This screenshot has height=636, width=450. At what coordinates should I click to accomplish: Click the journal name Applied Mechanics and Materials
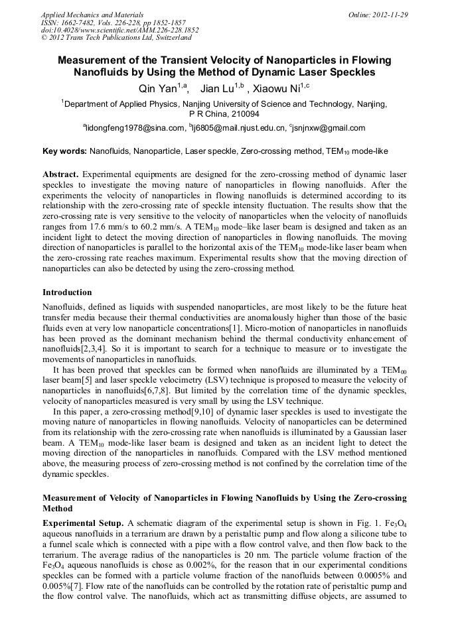click(x=92, y=14)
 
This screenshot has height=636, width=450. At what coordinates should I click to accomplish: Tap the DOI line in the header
click(x=119, y=30)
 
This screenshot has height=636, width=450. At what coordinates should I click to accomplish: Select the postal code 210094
click(x=245, y=114)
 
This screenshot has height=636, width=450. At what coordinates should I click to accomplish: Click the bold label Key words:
click(x=64, y=152)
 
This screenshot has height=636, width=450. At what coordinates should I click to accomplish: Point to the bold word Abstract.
click(x=60, y=174)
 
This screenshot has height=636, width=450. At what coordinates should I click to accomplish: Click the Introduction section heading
click(x=67, y=292)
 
